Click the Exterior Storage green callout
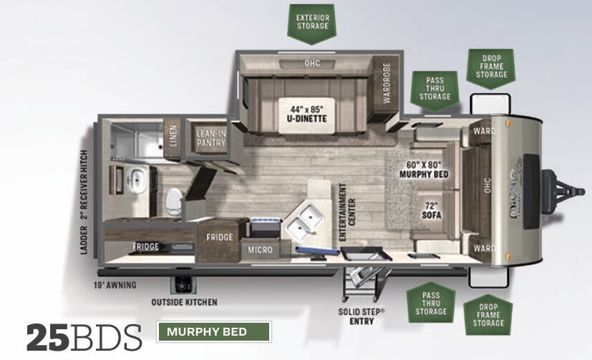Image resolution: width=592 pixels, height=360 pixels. (313, 21)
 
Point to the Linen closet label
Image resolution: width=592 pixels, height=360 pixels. (172, 134)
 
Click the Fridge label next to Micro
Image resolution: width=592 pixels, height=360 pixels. (219, 237)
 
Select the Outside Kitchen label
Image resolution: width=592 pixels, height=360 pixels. (184, 302)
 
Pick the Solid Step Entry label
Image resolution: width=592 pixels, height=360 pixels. (361, 316)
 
